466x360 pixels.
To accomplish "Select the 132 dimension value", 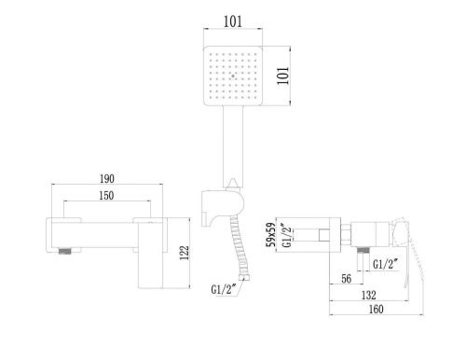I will tap(359, 296).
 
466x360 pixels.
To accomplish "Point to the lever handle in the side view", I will tap(406, 253).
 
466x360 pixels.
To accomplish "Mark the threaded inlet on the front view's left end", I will tap(66, 251).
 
